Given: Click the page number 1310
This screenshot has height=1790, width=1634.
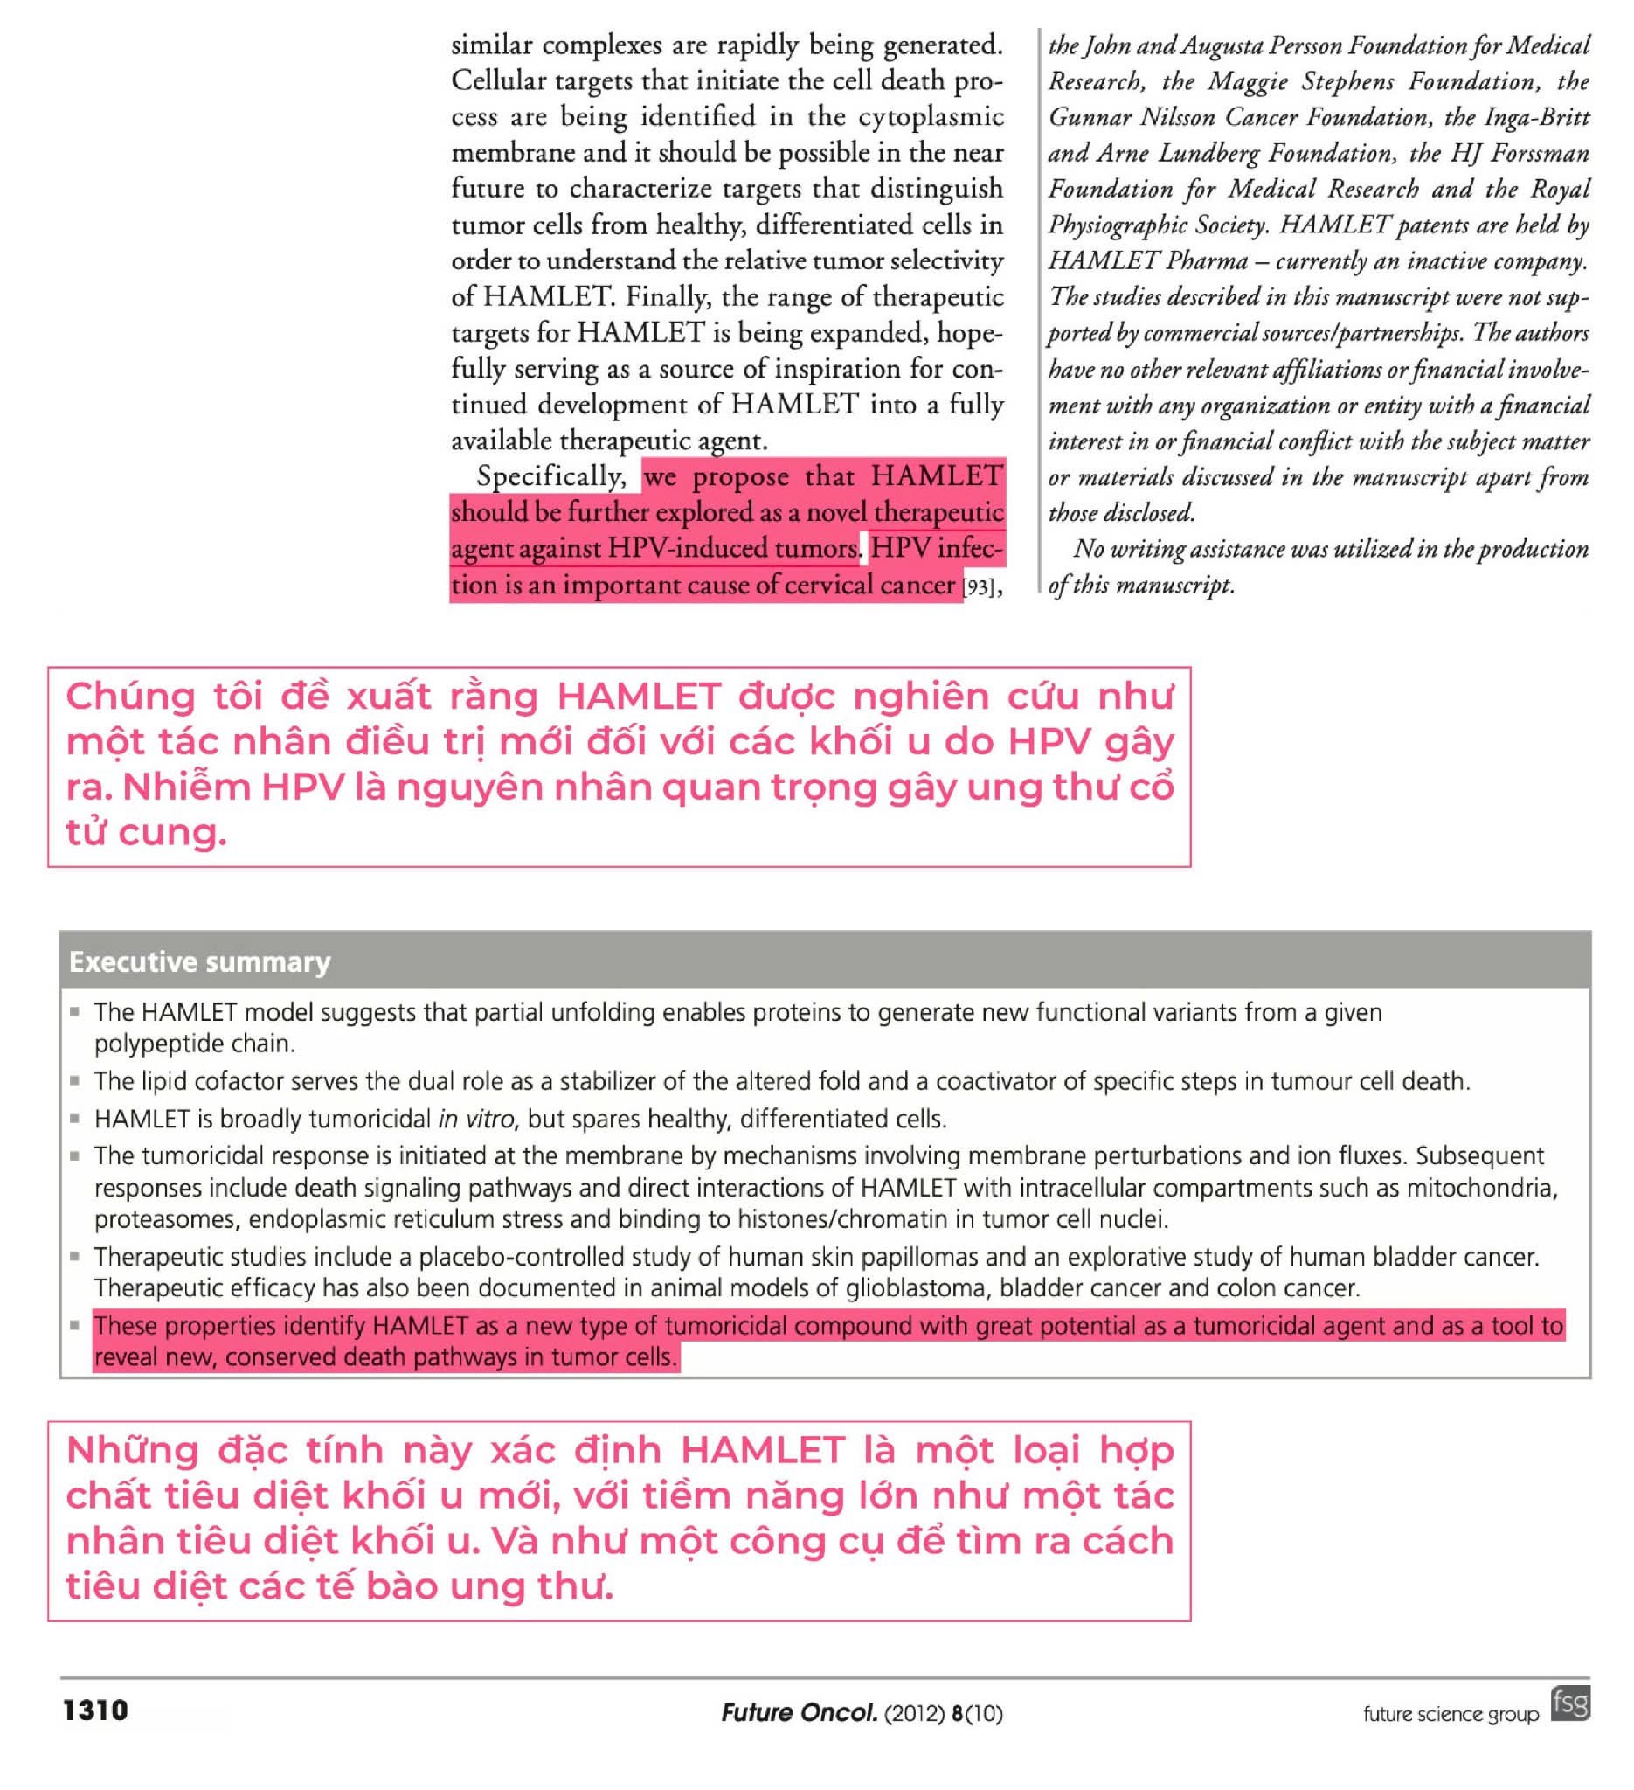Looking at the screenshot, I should click(x=95, y=1710).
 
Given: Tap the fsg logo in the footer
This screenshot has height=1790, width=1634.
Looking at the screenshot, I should click(x=1569, y=1703).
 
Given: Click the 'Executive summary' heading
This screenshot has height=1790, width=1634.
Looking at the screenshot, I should click(x=200, y=961).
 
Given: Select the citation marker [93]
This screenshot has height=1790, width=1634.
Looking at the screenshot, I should click(x=978, y=586).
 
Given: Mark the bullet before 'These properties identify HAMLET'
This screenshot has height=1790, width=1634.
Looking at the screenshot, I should click(x=75, y=1325).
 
